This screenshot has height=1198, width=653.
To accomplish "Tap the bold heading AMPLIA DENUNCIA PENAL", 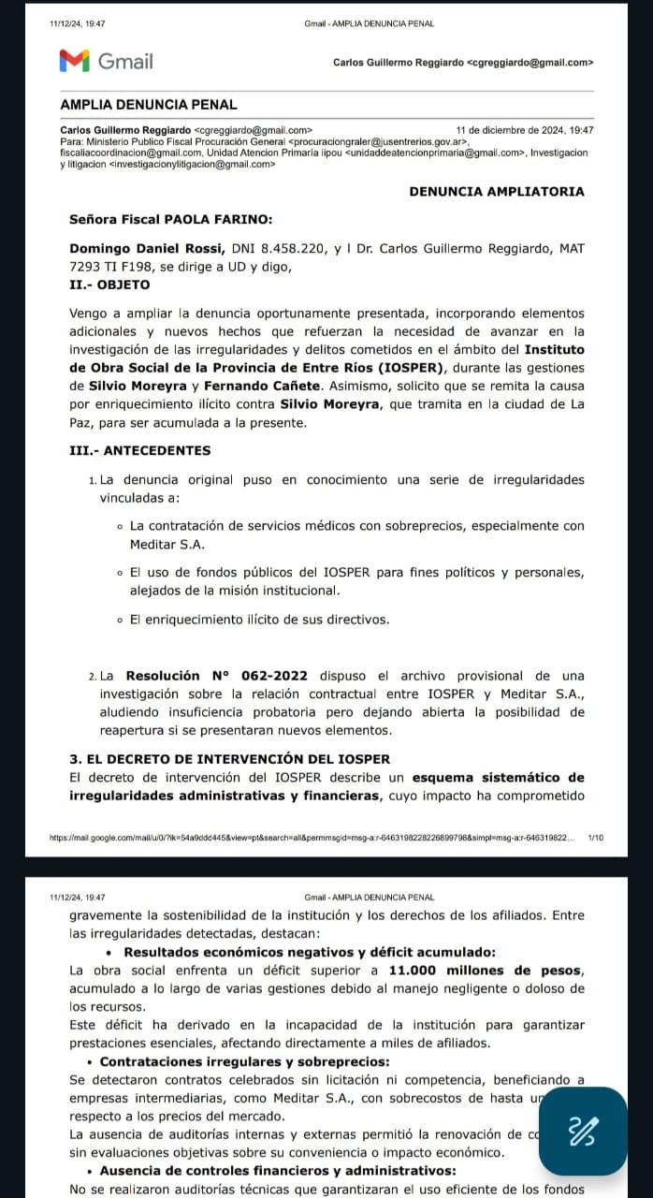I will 148,105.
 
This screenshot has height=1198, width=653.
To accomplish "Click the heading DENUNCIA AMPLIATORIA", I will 497,191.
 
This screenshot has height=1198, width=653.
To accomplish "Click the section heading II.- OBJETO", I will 109,284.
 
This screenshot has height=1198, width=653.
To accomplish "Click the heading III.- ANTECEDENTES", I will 140,450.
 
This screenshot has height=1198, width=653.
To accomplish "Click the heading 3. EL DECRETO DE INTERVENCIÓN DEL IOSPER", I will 230,758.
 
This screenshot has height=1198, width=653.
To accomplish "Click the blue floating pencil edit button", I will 583,1131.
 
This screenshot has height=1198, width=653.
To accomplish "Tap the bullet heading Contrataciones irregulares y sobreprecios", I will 244,1061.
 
